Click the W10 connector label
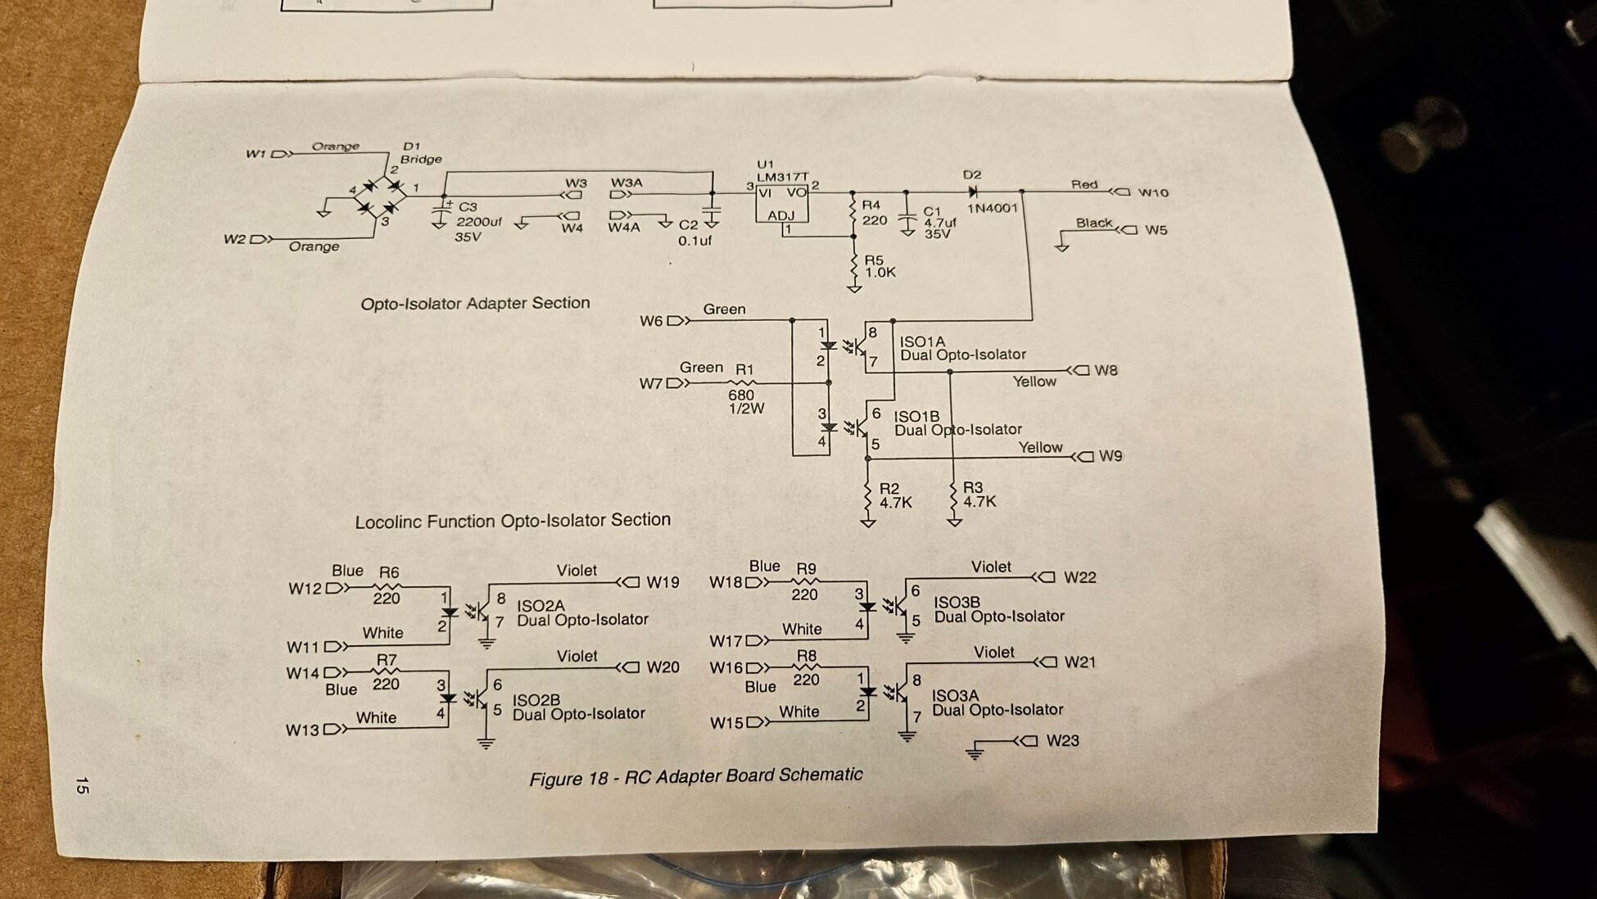pos(1153,193)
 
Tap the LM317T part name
pos(781,177)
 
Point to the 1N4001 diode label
pos(992,208)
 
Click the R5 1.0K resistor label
pos(880,267)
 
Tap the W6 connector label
pos(651,321)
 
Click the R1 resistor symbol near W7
pos(744,382)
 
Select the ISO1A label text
pos(922,342)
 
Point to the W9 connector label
pos(1110,456)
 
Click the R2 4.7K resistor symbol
pos(868,496)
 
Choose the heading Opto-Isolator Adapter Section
pos(475,304)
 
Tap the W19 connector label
pos(663,582)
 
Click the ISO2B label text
pos(536,700)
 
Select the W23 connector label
pos(1062,741)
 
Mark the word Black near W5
pos(1093,223)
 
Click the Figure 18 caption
pos(695,776)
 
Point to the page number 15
pos(82,786)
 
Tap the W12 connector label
pos(305,589)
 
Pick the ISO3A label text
pos(955,696)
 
